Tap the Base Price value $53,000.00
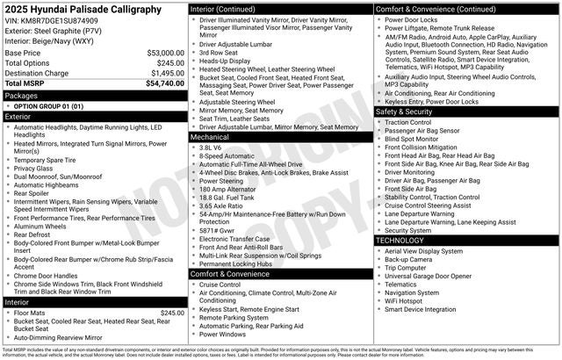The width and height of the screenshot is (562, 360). pyautogui.click(x=165, y=53)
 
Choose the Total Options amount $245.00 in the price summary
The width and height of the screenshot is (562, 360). pyautogui.click(x=170, y=63)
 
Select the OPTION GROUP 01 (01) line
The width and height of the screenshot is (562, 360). pyautogui.click(x=49, y=105)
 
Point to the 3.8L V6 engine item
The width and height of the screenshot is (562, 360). pyautogui.click(x=211, y=148)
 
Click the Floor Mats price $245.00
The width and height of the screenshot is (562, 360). pyautogui.click(x=171, y=313)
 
